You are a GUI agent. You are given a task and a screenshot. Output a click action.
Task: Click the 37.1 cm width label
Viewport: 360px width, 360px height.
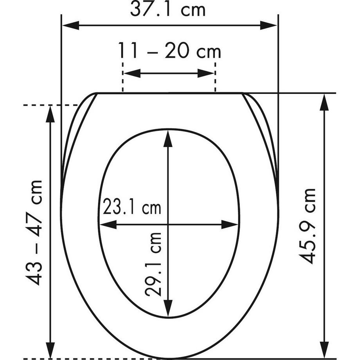(x=168, y=10)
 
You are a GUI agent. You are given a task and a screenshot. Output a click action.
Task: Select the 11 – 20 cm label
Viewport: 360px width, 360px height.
(x=169, y=50)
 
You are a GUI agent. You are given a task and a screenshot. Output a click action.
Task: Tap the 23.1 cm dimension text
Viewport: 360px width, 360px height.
(x=132, y=206)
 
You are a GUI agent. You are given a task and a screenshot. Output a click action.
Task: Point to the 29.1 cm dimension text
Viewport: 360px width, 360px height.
(x=153, y=264)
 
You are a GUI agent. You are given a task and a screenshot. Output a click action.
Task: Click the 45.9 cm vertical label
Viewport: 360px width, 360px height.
(x=308, y=226)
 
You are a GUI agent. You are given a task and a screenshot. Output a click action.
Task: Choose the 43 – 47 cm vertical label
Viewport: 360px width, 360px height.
(x=34, y=233)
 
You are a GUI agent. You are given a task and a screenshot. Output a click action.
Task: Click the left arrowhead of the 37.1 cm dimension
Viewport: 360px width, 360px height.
(x=71, y=25)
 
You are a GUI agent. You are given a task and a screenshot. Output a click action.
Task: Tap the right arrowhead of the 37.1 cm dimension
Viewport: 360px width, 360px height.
(x=268, y=25)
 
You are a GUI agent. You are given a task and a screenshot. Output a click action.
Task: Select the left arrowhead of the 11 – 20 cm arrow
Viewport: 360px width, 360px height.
(x=132, y=73)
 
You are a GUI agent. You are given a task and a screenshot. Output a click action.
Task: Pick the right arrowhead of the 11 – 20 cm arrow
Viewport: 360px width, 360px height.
(x=206, y=73)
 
